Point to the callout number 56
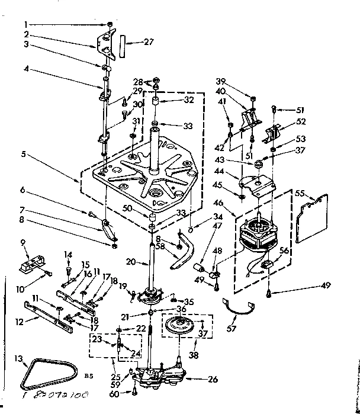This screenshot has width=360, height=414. tap(285, 251)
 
